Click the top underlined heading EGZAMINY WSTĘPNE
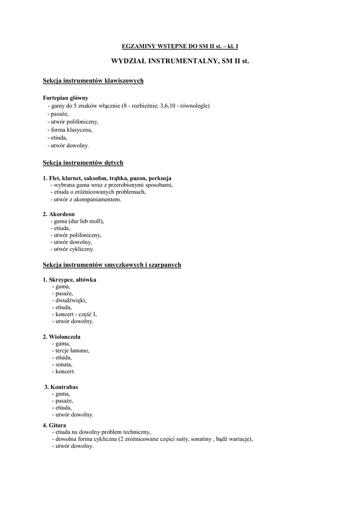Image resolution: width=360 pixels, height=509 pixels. [180, 46]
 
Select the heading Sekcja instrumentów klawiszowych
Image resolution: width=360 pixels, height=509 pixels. [93, 81]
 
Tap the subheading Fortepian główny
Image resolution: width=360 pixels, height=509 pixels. [65, 98]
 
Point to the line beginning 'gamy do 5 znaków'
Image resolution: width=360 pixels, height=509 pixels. [128, 106]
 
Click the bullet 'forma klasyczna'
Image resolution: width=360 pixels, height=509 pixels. [70, 130]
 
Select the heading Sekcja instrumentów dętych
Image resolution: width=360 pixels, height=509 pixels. [83, 163]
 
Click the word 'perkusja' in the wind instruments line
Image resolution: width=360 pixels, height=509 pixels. [160, 178]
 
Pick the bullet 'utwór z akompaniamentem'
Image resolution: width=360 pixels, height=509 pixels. [86, 199]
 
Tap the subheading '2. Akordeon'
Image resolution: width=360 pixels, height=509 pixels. [59, 214]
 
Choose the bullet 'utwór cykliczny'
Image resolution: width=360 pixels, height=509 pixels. [73, 249]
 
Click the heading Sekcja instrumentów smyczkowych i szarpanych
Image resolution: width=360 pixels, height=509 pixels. [112, 265]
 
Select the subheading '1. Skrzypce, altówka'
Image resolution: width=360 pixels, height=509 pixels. [70, 280]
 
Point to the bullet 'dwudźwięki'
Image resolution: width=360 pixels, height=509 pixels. [69, 301]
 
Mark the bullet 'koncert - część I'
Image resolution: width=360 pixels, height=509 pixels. [75, 315]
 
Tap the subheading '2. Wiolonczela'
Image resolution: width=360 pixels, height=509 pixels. [62, 337]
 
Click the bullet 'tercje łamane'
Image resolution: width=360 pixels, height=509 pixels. [71, 350]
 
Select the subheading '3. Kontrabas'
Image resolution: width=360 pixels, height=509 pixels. [61, 387]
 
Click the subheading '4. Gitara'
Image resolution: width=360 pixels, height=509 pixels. [54, 425]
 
